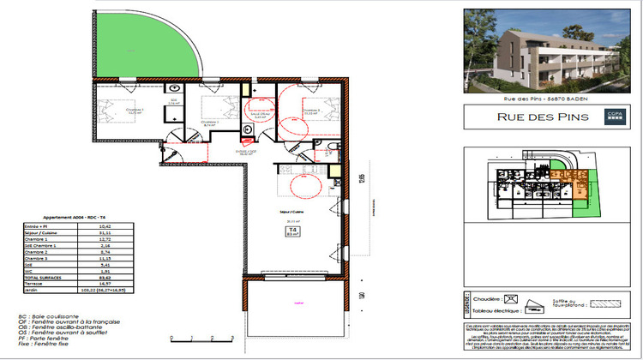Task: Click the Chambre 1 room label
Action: tap(135, 110)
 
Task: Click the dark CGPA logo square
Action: tap(614, 117)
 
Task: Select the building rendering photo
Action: tap(550, 49)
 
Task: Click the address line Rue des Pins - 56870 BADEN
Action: tap(550, 98)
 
